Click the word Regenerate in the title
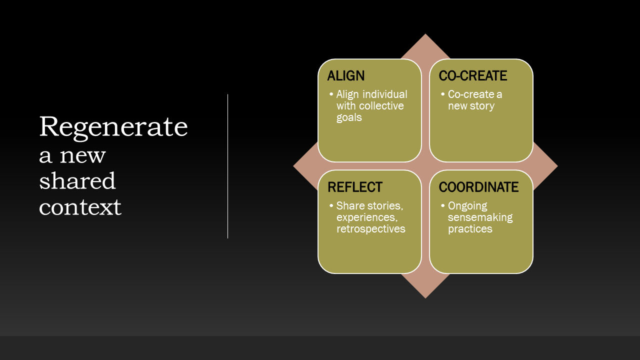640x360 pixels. [113, 126]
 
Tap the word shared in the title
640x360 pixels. [77, 180]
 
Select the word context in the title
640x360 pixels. [80, 206]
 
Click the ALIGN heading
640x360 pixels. [346, 76]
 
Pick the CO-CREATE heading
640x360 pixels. [473, 76]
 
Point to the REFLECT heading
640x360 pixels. [355, 187]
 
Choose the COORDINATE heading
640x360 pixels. [478, 187]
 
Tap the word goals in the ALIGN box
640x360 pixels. [349, 118]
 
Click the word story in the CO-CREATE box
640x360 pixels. [482, 106]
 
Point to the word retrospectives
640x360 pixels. [370, 229]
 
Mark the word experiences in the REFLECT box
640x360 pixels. [366, 217]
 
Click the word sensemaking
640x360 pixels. [480, 217]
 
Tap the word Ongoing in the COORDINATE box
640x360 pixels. [467, 206]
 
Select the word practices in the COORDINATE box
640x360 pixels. [470, 229]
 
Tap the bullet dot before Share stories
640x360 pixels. [331, 206]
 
